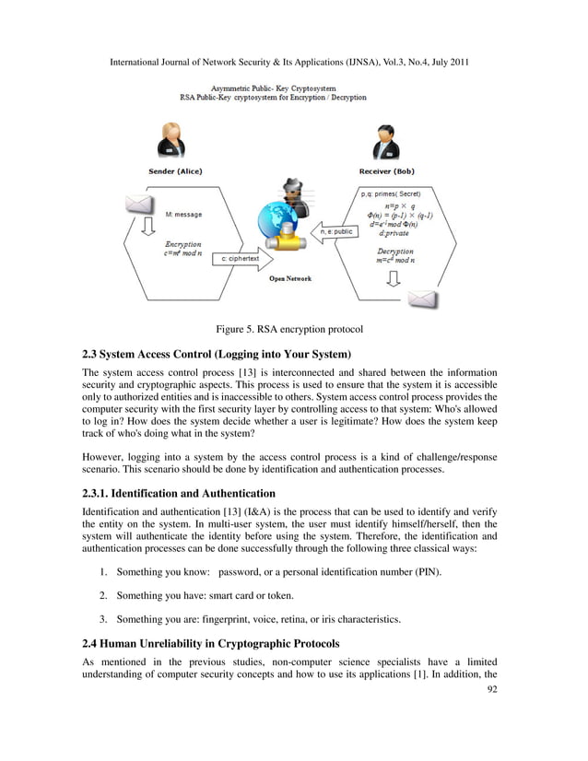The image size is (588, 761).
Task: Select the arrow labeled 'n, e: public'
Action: pos(335,232)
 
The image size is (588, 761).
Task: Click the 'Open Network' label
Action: pos(289,278)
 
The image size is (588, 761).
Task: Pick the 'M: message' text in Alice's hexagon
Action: pos(183,215)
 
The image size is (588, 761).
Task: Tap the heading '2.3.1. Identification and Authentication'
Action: pos(179,493)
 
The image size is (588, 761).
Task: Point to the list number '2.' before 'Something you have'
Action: pos(105,596)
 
